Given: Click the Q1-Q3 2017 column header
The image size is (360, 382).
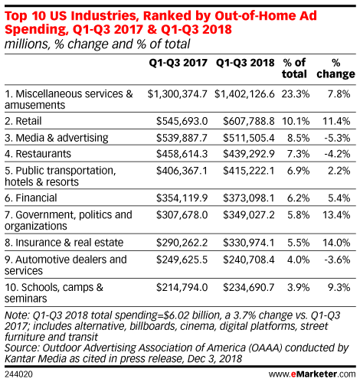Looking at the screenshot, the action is (178, 63).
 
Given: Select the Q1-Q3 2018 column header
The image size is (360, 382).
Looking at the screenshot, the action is (245, 63).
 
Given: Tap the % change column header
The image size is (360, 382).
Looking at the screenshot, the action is (335, 68).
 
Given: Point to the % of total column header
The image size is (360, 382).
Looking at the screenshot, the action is (294, 68).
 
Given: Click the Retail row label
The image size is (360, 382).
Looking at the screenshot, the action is (23, 121).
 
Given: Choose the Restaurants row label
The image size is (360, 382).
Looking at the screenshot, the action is (38, 154).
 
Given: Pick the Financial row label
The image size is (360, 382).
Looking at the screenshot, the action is (31, 198).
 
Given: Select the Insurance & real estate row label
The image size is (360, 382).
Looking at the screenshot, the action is (64, 243).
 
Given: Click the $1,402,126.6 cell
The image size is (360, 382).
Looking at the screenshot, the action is (244, 94).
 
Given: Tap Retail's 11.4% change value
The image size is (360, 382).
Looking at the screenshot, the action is (336, 121).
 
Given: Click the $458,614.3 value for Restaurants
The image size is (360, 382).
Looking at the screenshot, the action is (182, 154).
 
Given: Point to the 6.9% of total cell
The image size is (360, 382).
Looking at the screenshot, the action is (298, 171).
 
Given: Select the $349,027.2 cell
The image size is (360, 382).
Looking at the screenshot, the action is (249, 215).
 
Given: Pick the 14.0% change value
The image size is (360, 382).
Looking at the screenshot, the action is (336, 243).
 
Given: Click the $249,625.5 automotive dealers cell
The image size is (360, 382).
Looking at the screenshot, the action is (182, 260).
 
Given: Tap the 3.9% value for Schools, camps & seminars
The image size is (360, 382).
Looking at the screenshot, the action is (298, 288).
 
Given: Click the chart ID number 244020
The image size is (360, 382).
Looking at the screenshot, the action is (18, 374).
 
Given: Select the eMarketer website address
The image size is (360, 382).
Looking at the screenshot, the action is (312, 374).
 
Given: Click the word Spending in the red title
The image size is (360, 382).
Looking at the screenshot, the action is (37, 29).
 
